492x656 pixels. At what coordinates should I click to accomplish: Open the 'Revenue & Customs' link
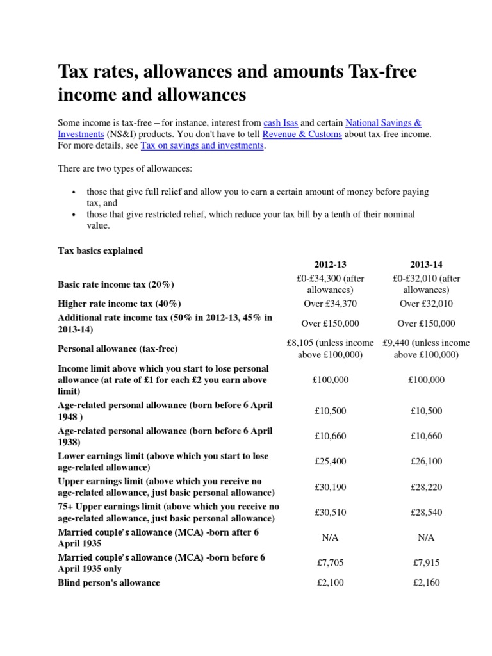[x=305, y=134]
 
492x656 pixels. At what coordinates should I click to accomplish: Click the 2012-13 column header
[x=330, y=265]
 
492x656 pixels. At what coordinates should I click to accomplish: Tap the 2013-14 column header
[x=426, y=265]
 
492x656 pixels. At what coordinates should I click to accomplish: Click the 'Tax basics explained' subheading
[x=101, y=250]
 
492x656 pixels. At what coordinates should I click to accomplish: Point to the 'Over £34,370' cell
[x=330, y=304]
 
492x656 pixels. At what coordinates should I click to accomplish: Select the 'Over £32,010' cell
[x=426, y=304]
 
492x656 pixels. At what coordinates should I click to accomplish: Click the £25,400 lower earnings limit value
[x=330, y=462]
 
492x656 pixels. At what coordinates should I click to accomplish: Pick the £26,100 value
[x=426, y=462]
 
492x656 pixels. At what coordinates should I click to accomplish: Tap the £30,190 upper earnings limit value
[x=330, y=487]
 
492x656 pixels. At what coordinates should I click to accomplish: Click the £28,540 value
[x=426, y=512]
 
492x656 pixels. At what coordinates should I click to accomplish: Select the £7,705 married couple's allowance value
[x=330, y=563]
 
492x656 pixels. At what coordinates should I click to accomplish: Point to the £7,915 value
[x=426, y=563]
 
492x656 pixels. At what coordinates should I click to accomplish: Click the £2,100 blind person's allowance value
[x=330, y=583]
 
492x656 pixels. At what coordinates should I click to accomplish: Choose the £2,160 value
[x=426, y=583]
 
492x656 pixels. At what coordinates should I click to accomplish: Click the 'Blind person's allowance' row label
[x=109, y=583]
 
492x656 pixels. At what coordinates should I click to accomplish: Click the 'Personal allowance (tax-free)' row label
[x=118, y=349]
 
